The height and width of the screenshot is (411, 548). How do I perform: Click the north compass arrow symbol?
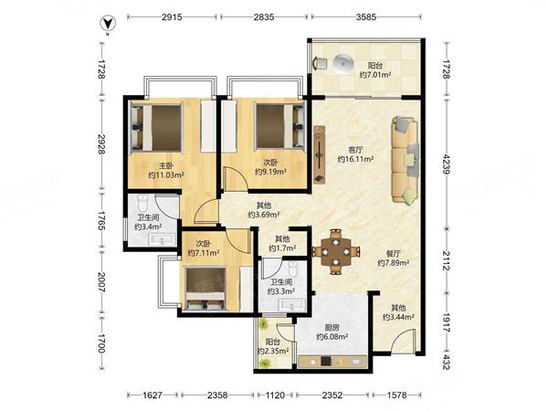pyautogui.click(x=108, y=24)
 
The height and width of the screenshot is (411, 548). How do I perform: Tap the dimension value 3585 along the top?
pyautogui.click(x=366, y=16)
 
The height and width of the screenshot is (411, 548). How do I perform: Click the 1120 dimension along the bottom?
pyautogui.click(x=275, y=395)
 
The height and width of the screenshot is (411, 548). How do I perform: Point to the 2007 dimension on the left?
pyautogui.click(x=101, y=282)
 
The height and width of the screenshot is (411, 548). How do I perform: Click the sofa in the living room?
pyautogui.click(x=406, y=160)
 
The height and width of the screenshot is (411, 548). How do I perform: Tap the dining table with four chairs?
pyautogui.click(x=335, y=252)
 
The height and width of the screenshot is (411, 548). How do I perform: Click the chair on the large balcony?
pyautogui.click(x=321, y=63)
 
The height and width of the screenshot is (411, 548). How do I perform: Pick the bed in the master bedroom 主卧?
pyautogui.click(x=156, y=127)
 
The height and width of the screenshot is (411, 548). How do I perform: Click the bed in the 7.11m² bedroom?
pyautogui.click(x=205, y=289)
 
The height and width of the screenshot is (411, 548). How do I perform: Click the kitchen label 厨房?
pyautogui.click(x=332, y=328)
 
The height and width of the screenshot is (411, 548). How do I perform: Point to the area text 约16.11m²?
pyautogui.click(x=355, y=159)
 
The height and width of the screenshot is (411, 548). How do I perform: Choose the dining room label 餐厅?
pyautogui.click(x=393, y=254)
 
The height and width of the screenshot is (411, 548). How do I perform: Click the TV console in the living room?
pyautogui.click(x=320, y=154)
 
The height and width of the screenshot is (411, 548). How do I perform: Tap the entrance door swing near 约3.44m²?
pyautogui.click(x=404, y=340)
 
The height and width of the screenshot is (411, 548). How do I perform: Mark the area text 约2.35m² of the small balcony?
pyautogui.click(x=273, y=351)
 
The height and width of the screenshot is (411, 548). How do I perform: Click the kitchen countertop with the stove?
pyautogui.click(x=332, y=362)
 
